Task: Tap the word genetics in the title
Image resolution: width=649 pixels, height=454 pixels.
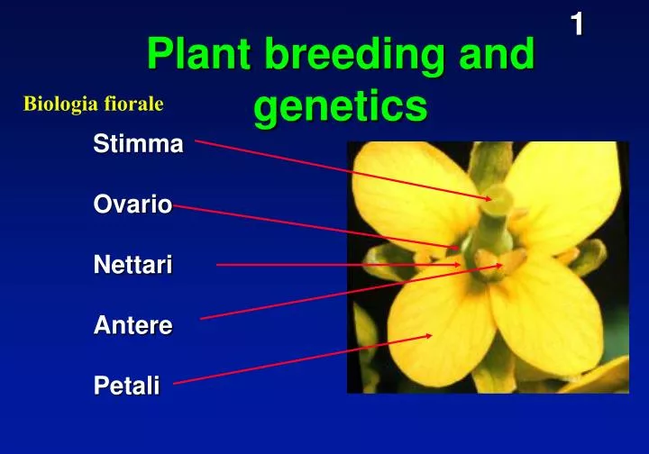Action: (x=340, y=106)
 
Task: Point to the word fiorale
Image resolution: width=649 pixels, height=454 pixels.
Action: (x=136, y=104)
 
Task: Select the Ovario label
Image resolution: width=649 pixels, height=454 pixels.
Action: (x=133, y=204)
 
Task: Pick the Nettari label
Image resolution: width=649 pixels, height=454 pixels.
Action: (x=133, y=265)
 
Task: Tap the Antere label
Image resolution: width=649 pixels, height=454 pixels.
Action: (x=133, y=326)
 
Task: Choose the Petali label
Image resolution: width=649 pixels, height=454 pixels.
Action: (x=127, y=386)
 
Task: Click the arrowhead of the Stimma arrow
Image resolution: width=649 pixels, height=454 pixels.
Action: (x=489, y=197)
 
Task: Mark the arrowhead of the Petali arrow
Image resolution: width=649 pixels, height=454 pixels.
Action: (x=430, y=335)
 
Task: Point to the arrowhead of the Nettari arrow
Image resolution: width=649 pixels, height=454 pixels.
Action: (x=459, y=265)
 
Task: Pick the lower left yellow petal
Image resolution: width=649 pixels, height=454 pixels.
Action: (x=433, y=324)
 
